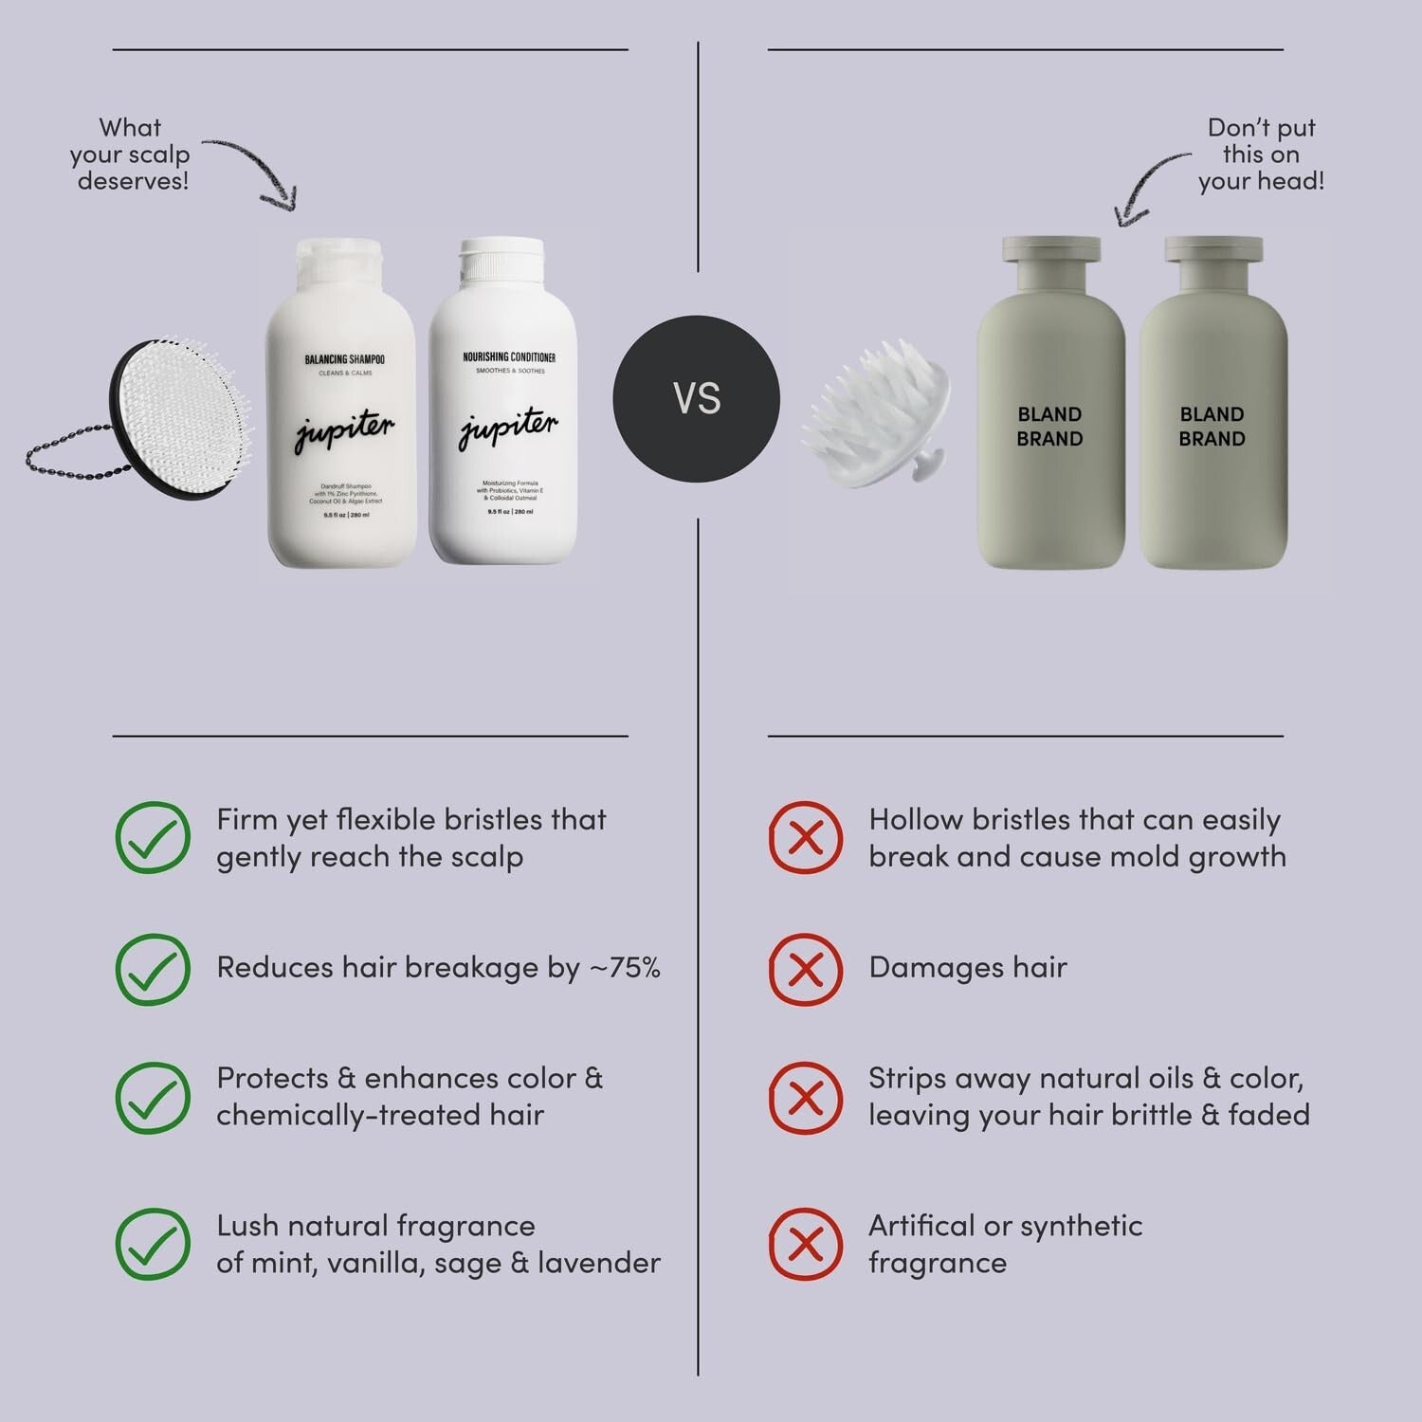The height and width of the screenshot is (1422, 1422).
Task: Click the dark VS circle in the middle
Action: (697, 398)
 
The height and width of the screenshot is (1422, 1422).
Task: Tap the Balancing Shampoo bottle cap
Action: (340, 261)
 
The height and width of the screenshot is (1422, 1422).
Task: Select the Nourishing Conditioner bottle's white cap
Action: (502, 260)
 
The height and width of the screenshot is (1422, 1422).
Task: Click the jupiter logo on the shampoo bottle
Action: (343, 431)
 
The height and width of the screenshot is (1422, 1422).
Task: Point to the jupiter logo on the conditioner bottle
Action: (508, 428)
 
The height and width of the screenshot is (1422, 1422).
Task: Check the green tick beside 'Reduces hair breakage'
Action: (152, 969)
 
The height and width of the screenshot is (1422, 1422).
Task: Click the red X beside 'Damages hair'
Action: (805, 969)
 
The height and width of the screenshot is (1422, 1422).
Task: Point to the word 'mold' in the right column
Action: (1138, 856)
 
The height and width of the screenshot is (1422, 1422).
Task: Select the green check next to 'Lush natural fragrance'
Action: (152, 1244)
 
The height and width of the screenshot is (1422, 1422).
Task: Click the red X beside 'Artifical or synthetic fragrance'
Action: (805, 1244)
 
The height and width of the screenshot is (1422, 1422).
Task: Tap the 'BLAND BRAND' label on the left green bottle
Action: (1049, 427)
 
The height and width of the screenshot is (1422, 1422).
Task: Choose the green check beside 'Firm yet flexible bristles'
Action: (152, 837)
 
